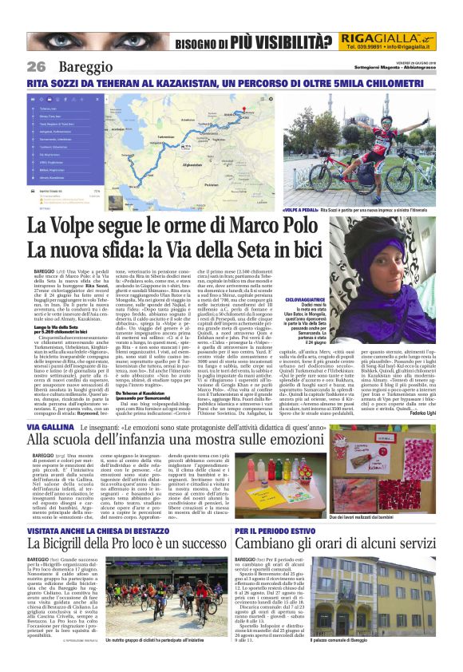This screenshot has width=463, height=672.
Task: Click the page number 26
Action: coord(36,66)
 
